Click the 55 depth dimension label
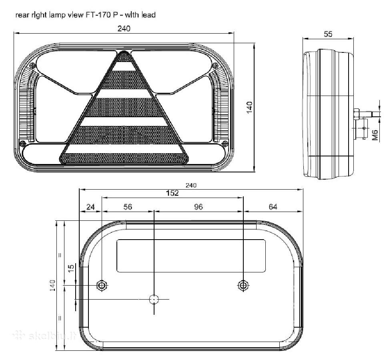click(328, 34)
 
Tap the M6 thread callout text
click(375, 135)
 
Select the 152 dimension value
click(172, 193)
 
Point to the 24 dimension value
click(90, 207)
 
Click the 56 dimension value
click(128, 207)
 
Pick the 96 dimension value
click(198, 207)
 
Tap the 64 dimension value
click(273, 207)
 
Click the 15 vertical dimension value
click(71, 268)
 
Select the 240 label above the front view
click(124, 29)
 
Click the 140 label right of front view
click(249, 107)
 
